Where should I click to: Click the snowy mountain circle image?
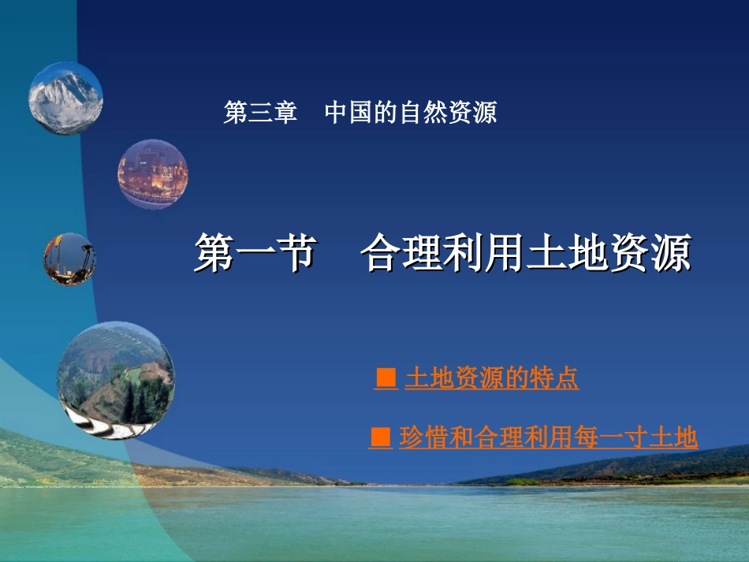65,99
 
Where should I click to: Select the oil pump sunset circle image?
69,259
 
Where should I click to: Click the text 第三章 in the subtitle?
260,113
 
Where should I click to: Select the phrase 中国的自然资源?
410,113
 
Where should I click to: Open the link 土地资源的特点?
491,379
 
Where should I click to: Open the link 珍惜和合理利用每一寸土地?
548,437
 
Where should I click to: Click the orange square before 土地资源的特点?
386,379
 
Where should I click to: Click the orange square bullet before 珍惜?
381,437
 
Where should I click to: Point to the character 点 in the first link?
568,379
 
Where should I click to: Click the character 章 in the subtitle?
285,113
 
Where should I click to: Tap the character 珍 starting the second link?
411,437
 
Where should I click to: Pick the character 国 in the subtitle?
361,113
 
